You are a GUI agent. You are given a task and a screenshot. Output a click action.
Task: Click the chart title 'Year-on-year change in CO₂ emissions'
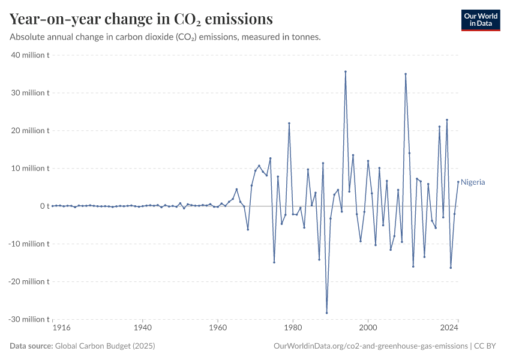point(141,19)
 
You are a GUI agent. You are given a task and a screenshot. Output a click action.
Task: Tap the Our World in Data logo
point(480,20)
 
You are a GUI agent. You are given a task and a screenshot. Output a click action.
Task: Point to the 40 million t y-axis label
point(30,55)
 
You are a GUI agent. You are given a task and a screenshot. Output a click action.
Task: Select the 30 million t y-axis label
point(30,93)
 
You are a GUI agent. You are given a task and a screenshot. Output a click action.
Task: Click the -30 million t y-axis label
point(29,319)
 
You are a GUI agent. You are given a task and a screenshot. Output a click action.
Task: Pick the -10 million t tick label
point(29,244)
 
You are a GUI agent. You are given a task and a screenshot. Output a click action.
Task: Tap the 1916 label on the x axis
point(62,328)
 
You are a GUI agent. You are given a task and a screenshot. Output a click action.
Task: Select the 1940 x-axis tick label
point(142,328)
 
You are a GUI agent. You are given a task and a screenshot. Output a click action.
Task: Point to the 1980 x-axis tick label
point(293,328)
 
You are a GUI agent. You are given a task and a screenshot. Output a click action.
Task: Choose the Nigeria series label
point(473,182)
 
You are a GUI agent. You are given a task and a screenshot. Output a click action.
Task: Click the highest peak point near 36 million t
point(346,71)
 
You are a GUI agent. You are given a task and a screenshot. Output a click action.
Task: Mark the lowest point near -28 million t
point(327,313)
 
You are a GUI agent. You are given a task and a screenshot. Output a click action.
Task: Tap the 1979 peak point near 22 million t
point(289,124)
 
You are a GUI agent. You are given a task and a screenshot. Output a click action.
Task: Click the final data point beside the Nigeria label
point(458,182)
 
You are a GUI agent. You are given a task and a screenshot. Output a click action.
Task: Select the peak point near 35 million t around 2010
point(406,74)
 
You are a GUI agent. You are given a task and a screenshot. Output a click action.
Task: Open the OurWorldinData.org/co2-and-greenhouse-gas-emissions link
point(370,346)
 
